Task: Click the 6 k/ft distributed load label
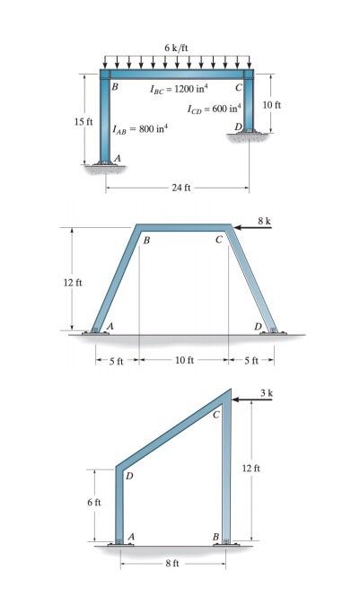point(176,47)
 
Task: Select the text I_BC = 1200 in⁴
point(179,89)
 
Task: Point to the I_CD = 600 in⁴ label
point(209,110)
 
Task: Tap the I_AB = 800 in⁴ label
point(139,129)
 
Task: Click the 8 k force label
point(264,219)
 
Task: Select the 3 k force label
point(266,393)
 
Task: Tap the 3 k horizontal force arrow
point(252,401)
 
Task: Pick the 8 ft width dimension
point(171,564)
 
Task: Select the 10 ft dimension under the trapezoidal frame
point(184,361)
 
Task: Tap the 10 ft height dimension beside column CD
point(271,105)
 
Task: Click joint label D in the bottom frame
point(128,476)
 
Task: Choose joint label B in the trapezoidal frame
point(145,241)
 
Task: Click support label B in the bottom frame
point(215,536)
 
